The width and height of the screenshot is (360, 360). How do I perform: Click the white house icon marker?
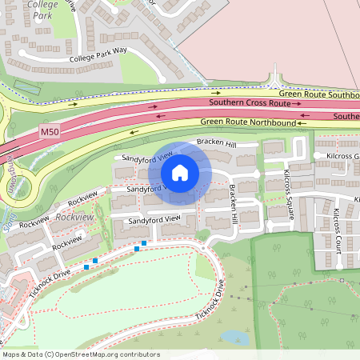[180, 172]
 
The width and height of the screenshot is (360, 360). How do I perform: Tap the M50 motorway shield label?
[49, 130]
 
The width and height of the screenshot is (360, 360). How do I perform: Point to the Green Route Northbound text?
[247, 122]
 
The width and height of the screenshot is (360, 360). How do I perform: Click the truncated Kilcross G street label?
[337, 155]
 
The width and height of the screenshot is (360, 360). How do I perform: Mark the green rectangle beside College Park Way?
[26, 86]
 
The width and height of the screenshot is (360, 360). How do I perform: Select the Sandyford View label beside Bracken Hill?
[144, 154]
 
